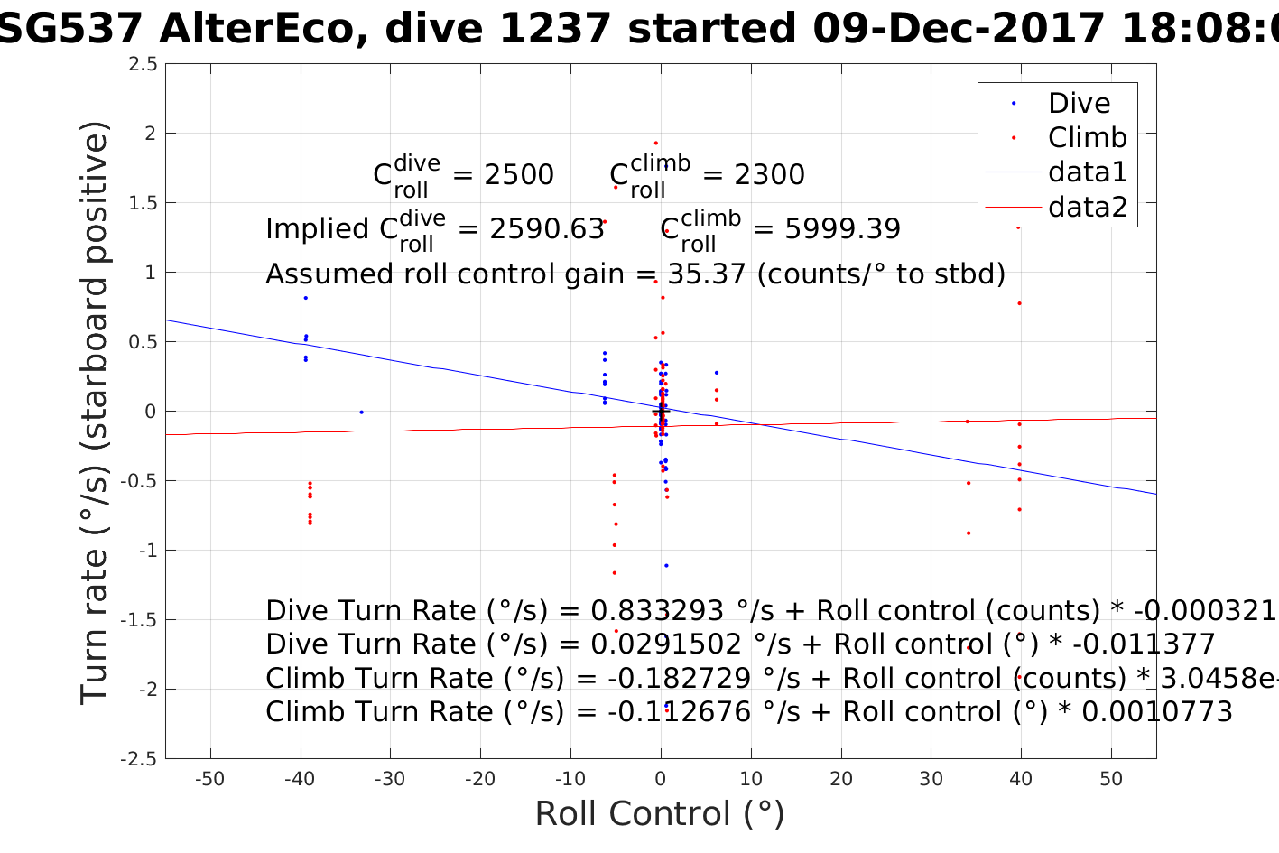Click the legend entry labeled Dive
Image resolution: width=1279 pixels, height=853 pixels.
point(1079,103)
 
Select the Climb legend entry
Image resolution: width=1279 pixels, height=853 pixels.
point(1087,137)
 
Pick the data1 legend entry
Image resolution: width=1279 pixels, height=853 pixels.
point(1087,172)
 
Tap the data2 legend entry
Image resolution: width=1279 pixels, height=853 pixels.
point(1087,207)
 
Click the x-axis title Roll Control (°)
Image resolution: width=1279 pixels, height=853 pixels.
point(660,813)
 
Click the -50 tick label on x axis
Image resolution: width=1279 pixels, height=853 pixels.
point(209,779)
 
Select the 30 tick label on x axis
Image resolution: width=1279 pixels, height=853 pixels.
point(931,779)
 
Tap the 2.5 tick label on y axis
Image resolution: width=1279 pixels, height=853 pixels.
point(143,64)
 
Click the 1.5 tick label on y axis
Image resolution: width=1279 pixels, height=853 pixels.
point(143,203)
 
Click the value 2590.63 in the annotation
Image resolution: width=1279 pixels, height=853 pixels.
point(547,229)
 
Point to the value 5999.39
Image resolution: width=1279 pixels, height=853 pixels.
point(842,229)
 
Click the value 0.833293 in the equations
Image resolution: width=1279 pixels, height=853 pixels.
point(657,611)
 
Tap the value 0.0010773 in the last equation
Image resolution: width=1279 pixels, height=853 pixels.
point(1156,712)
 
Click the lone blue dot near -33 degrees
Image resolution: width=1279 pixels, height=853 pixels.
point(361,412)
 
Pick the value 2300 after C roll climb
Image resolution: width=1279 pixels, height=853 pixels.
point(769,174)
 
